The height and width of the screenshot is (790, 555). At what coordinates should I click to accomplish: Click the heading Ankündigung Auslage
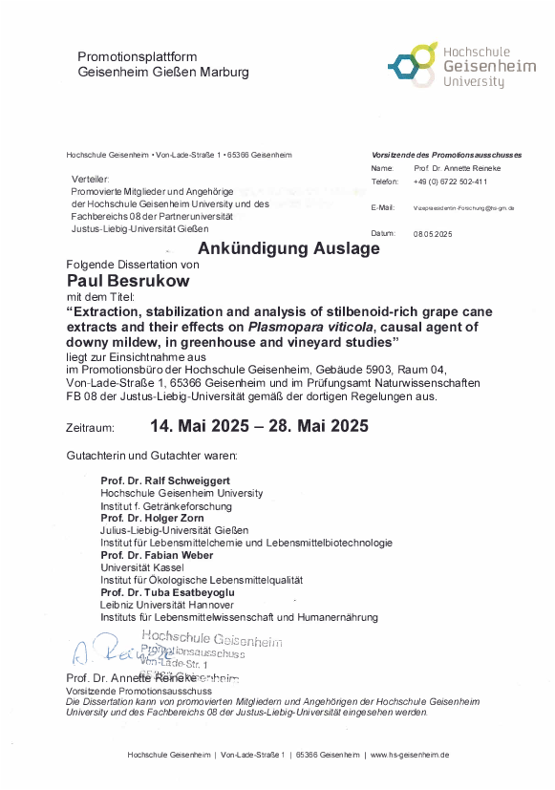point(288,248)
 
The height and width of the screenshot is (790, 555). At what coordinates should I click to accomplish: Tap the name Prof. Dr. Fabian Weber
point(155,555)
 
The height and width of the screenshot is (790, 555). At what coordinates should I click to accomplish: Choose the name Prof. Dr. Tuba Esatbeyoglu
point(167,592)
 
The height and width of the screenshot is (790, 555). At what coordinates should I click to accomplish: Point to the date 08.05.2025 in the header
point(433,234)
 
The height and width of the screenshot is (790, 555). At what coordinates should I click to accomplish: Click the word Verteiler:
point(91,180)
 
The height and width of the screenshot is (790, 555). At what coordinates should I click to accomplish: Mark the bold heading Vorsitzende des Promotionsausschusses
point(446,155)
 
